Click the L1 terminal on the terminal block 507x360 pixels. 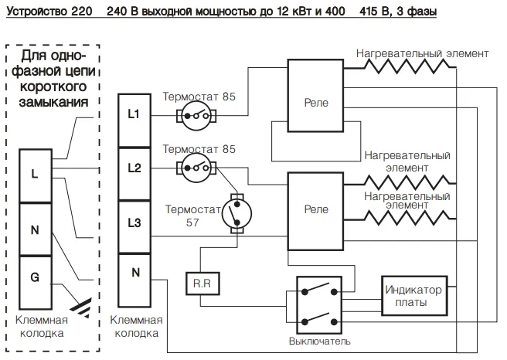pos(134,121)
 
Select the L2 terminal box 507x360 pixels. pos(134,174)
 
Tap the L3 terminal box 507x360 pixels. pos(134,227)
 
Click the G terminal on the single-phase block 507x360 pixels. pos(36,283)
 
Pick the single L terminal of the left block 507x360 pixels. pos(36,176)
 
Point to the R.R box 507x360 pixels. pos(202,284)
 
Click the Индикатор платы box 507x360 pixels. pos(414,295)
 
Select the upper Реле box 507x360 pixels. pos(315,96)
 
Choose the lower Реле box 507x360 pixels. pos(315,212)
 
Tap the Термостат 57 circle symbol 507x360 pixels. pos(237,213)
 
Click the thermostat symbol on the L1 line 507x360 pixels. pos(196,116)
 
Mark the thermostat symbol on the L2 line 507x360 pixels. pos(196,168)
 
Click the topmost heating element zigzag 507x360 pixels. pos(407,64)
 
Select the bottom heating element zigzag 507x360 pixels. pos(407,216)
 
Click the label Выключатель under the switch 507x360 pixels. pos(319,341)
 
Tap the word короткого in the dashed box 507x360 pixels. pos(53,87)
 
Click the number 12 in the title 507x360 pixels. pos(283,12)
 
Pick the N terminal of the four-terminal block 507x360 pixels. pos(134,280)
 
